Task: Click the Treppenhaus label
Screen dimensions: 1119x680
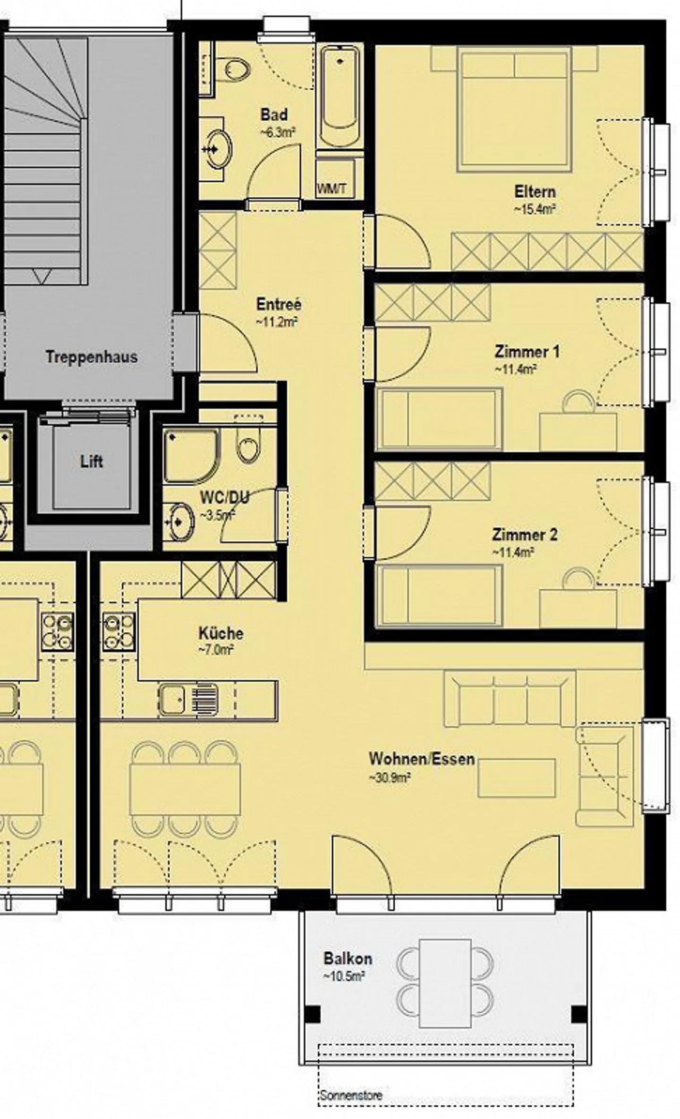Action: click(x=92, y=357)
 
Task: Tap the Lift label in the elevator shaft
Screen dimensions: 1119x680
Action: click(x=91, y=461)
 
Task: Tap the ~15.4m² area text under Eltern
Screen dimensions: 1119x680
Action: click(x=534, y=209)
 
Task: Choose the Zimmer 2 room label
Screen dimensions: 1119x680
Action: click(x=524, y=534)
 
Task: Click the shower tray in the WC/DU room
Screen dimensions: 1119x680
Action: click(x=192, y=455)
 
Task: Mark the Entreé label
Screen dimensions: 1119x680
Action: click(x=279, y=304)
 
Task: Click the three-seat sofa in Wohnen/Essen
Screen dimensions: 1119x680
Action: click(x=509, y=700)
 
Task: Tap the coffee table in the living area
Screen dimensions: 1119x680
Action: click(x=516, y=778)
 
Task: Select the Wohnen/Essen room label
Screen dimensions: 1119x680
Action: click(x=421, y=759)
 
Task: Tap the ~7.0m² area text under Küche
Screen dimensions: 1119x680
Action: click(x=216, y=650)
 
